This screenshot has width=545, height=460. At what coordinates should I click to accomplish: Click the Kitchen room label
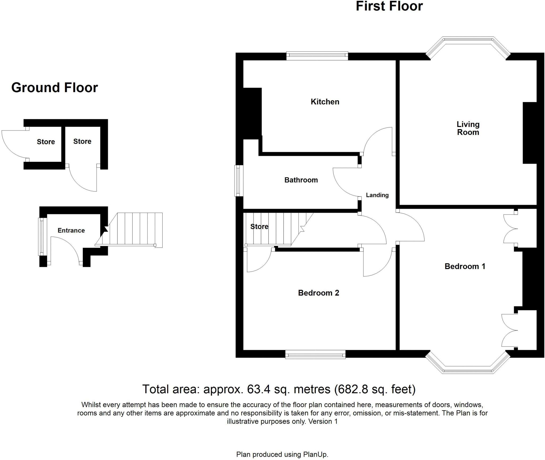click(325, 102)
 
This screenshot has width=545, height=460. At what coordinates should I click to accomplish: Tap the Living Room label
click(468, 128)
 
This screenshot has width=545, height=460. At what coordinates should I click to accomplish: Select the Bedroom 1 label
click(465, 266)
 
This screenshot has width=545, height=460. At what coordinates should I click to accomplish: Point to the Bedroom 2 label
click(318, 293)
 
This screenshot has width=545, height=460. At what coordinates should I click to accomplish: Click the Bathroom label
click(301, 180)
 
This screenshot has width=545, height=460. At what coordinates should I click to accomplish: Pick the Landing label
click(377, 195)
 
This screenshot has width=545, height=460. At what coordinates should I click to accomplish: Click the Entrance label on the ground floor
click(71, 230)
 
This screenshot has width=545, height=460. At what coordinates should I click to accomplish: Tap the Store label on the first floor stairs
click(259, 227)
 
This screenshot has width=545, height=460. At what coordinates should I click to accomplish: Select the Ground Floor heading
click(55, 88)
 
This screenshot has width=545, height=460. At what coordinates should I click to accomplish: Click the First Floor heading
click(389, 6)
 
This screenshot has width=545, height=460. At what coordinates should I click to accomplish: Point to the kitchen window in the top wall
click(317, 56)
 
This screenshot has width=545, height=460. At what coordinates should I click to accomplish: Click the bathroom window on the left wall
click(239, 181)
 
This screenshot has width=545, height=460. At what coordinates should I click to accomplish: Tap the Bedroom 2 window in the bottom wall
click(315, 354)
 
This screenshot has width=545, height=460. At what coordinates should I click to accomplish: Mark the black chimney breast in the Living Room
click(530, 133)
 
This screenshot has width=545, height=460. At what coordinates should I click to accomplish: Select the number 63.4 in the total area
click(258, 389)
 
